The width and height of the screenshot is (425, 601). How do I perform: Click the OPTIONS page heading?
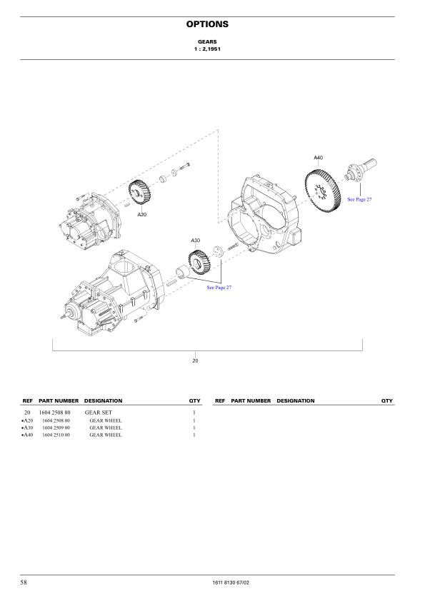[207, 24]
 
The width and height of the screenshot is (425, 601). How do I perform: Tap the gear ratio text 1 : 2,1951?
[207, 49]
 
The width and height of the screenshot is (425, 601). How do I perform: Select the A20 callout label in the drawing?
[142, 215]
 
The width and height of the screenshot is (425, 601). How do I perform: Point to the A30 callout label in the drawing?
[196, 241]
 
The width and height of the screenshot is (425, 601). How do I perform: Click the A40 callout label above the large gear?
[319, 158]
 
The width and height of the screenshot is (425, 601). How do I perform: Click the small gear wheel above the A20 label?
[139, 191]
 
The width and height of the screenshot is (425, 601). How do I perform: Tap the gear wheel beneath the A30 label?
[199, 262]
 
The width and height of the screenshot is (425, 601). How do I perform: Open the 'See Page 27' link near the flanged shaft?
[359, 199]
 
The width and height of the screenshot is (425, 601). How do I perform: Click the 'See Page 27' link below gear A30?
[219, 288]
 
